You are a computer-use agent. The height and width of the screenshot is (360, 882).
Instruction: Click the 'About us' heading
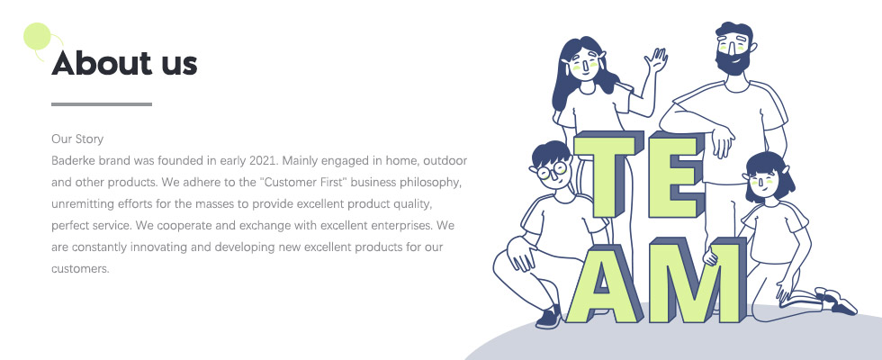point(124,63)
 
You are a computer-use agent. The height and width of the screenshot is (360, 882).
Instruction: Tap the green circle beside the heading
point(37,36)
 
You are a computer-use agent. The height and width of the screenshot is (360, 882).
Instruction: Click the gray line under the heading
point(101,104)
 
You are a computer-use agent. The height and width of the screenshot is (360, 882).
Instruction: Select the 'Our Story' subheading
point(77,139)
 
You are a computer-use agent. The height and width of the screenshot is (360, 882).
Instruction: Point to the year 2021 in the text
point(263,161)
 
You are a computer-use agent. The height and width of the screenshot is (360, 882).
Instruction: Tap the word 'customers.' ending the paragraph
point(80,269)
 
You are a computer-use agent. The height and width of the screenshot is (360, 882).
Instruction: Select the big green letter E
point(674,175)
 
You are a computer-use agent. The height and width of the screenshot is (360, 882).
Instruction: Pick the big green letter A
point(602,283)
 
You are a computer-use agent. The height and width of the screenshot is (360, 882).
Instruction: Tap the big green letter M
point(695,281)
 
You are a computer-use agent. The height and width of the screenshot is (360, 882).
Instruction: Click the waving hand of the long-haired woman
point(656,60)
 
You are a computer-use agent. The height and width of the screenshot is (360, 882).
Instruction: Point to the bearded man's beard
point(733,61)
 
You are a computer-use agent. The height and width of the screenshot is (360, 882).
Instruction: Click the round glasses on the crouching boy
point(552,170)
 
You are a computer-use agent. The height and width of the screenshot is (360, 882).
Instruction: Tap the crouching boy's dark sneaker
point(548,318)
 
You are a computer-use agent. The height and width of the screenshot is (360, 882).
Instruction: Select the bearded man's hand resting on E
point(722,139)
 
